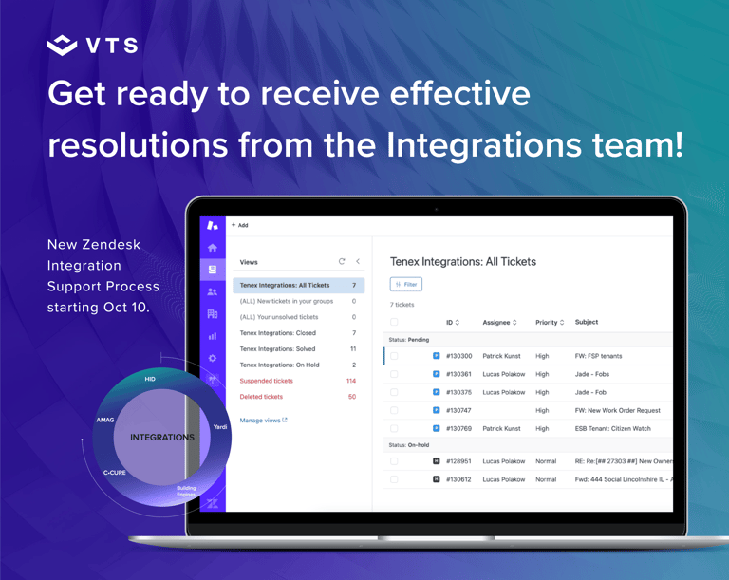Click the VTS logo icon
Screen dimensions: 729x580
[x=63, y=46]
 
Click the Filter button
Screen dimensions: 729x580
[x=406, y=284]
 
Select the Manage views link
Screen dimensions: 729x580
[x=263, y=420]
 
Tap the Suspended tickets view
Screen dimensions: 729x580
[x=267, y=381]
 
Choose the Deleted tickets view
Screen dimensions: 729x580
[x=261, y=396]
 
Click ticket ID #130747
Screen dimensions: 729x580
[x=458, y=410]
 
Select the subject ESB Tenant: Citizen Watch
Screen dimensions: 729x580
[x=613, y=428]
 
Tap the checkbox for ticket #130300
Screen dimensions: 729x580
[x=394, y=356]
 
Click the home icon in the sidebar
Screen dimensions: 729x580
[x=213, y=248]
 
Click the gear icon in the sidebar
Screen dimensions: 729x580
[x=213, y=358]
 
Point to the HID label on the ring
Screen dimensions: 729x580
[x=150, y=379]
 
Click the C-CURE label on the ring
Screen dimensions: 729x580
[x=114, y=472]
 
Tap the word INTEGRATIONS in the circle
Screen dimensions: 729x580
[x=162, y=438]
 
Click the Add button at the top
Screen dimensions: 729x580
[x=240, y=225]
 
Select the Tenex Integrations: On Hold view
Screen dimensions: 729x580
[x=279, y=365]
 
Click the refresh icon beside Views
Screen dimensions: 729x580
[x=342, y=261]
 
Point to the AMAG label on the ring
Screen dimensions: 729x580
[x=105, y=420]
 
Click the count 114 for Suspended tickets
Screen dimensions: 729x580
[x=351, y=381]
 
